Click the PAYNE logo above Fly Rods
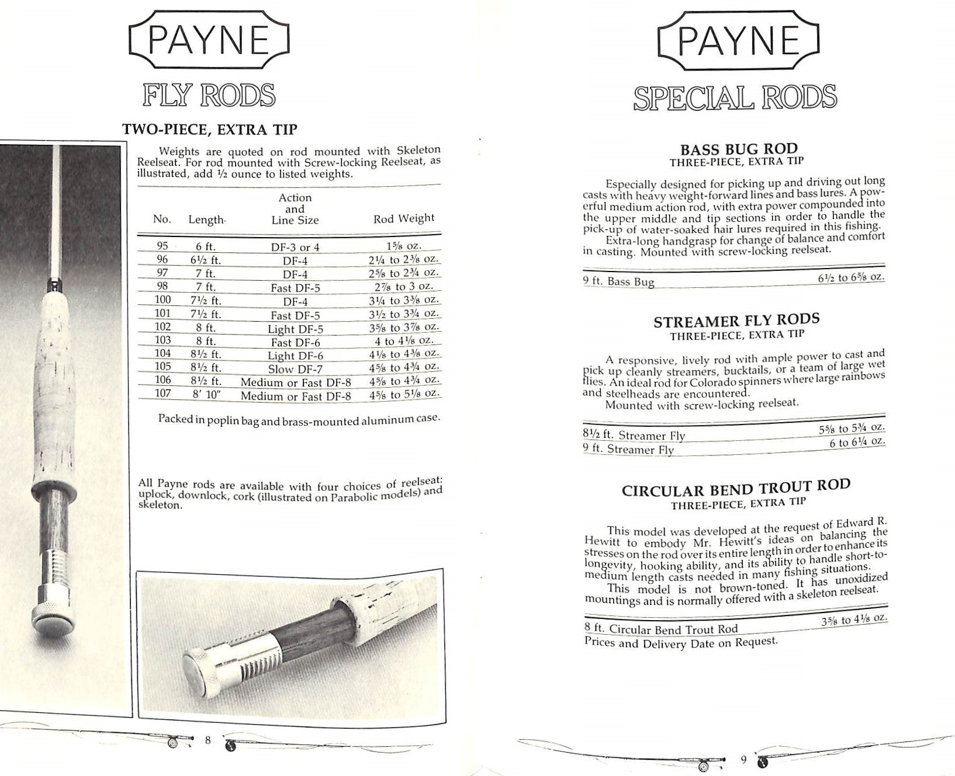point(209,41)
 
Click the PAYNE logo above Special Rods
point(739,41)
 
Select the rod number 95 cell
point(162,246)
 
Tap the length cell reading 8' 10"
point(206,394)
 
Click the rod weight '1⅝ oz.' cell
point(404,246)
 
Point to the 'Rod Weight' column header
point(404,218)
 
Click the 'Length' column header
point(206,220)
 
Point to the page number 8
point(207,740)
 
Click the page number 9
point(743,759)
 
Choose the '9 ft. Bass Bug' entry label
point(619,281)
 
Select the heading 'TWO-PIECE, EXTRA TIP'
point(209,129)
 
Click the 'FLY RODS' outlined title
point(209,95)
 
